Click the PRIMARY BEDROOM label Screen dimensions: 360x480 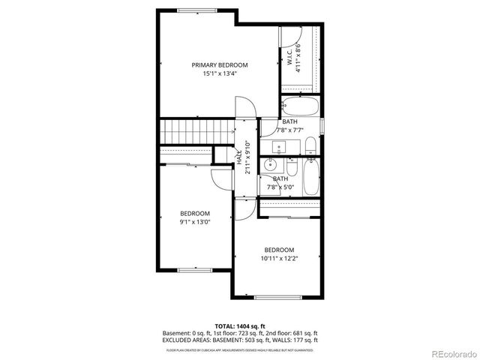219,65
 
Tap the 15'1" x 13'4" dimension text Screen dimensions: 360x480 219,73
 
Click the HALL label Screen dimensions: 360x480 239,158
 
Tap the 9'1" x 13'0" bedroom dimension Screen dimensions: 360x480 194,222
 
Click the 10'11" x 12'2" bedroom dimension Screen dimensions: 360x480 278,259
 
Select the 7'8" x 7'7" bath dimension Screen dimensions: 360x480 290,130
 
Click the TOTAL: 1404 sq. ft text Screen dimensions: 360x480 239,326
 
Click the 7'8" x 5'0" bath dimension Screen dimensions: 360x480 280,187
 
